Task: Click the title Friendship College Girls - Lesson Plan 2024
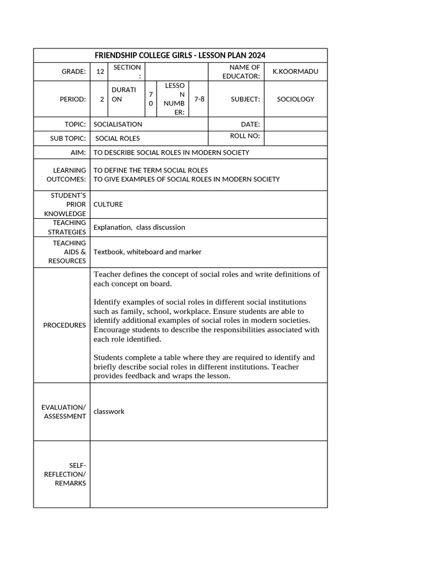[x=180, y=56]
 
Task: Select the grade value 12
[x=100, y=71]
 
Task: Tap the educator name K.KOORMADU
[x=295, y=71]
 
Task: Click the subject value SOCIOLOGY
[x=296, y=99]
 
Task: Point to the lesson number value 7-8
[x=199, y=99]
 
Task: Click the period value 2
[x=102, y=100]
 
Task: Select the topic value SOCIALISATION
[x=118, y=124]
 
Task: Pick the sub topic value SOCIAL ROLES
[x=118, y=139]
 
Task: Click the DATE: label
[x=250, y=124]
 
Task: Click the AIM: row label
[x=78, y=152]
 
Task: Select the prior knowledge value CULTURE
[x=108, y=204]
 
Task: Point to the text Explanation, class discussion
[x=140, y=227]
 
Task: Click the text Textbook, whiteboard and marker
[x=147, y=252]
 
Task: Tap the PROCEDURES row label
[x=64, y=325]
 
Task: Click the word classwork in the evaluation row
[x=109, y=411]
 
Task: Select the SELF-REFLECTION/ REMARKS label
[x=70, y=474]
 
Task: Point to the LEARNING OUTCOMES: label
[x=66, y=175]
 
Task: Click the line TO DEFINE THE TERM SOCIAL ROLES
[x=151, y=170]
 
